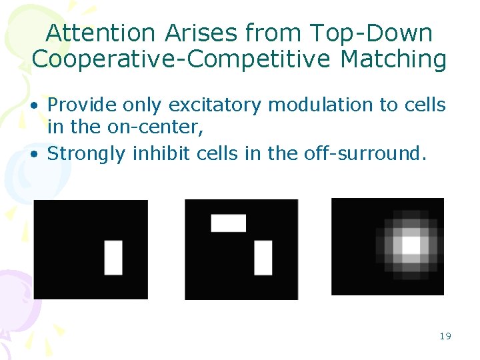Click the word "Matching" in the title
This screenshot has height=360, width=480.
[x=393, y=59]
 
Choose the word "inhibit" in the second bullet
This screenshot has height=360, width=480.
[x=160, y=153]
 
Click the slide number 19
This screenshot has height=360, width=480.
[x=445, y=336]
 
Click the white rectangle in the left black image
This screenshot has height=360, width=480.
[x=113, y=257]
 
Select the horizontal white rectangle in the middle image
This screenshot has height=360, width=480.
[x=229, y=223]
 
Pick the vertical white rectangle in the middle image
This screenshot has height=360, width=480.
[x=263, y=257]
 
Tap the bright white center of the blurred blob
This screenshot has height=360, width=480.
[x=409, y=245]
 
